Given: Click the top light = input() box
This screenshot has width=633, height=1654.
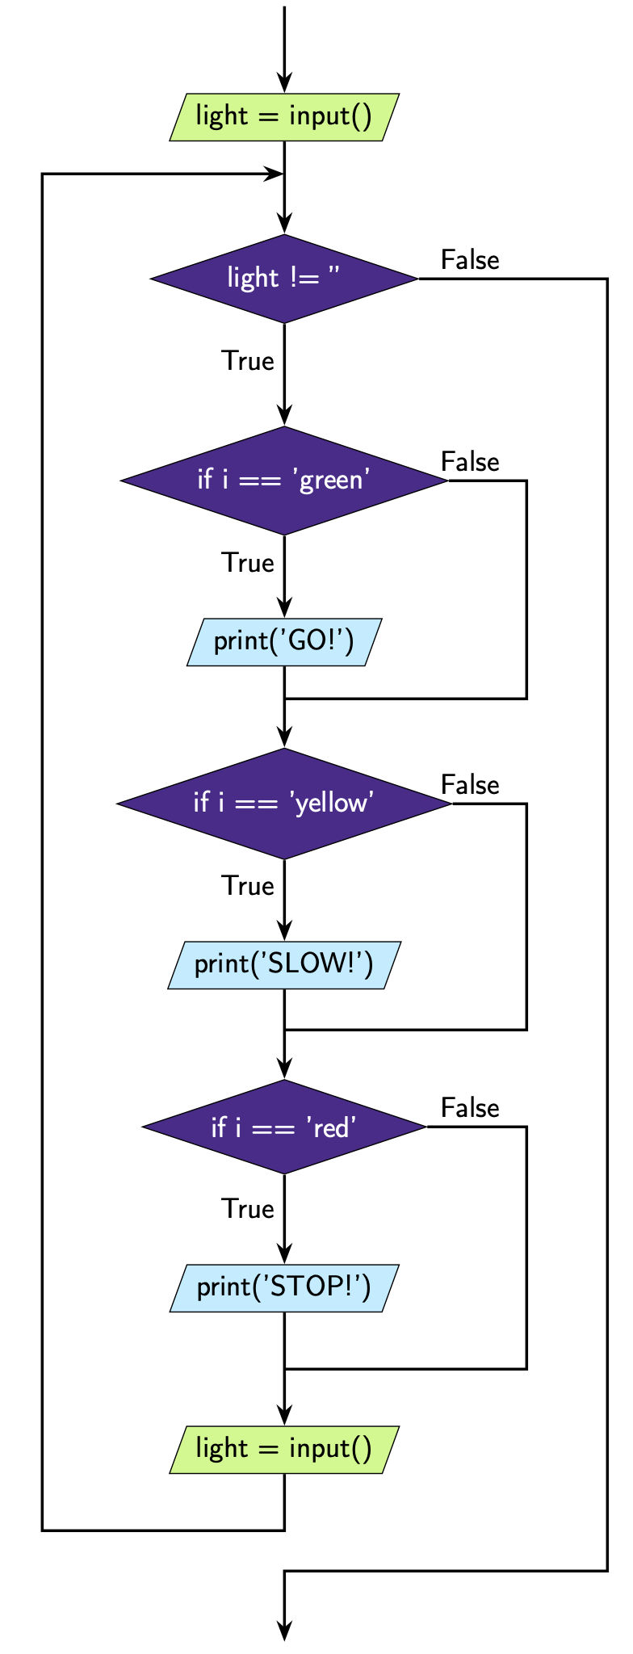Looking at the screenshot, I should click(284, 117).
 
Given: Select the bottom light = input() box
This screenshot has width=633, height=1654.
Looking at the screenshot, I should click(284, 1450).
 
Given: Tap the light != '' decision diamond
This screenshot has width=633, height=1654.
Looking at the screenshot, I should click(284, 279).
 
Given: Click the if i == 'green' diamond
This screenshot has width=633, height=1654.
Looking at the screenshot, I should click(284, 481).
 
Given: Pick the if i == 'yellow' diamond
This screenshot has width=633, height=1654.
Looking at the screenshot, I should click(284, 804).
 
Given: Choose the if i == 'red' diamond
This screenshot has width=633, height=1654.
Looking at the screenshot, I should click(284, 1127).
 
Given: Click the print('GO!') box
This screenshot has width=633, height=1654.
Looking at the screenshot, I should click(284, 642).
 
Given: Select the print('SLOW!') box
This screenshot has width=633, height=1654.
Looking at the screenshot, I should click(284, 965).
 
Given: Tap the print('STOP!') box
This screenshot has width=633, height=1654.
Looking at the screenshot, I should click(284, 1288).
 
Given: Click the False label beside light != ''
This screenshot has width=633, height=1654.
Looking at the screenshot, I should click(470, 260).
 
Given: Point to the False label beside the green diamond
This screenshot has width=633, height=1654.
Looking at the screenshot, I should click(470, 462).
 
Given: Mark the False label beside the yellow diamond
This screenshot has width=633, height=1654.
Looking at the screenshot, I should click(470, 785).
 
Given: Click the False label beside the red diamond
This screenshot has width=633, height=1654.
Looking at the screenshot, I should click(470, 1108).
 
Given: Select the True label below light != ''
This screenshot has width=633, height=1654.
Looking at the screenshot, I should click(248, 361).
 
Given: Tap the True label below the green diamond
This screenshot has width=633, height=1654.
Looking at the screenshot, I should click(248, 563).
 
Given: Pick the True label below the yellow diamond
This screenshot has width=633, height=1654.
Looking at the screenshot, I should click(248, 886).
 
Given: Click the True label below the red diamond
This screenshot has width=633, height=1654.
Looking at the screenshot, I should click(248, 1209).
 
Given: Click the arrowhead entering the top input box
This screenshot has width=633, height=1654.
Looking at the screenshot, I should click(284, 83).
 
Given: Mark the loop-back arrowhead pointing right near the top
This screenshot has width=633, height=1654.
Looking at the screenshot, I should click(275, 174).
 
